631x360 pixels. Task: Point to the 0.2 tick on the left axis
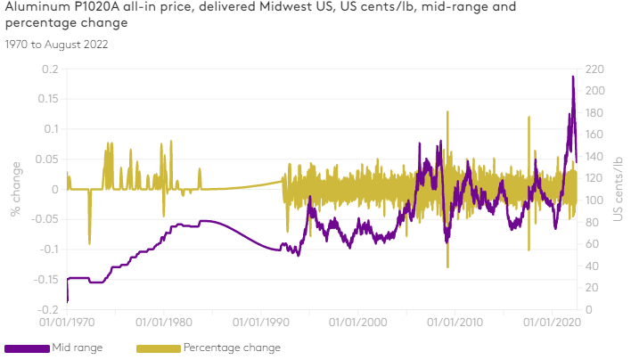(51, 69)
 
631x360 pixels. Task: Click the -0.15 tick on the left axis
(45, 279)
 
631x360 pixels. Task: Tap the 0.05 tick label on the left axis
(47, 159)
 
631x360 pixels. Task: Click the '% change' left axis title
(15, 188)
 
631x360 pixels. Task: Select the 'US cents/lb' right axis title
(619, 190)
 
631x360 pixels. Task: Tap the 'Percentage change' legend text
(232, 348)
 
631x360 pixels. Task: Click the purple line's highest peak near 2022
(573, 77)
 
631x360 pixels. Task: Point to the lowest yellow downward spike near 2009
(447, 266)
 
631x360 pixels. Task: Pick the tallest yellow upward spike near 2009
(449, 112)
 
